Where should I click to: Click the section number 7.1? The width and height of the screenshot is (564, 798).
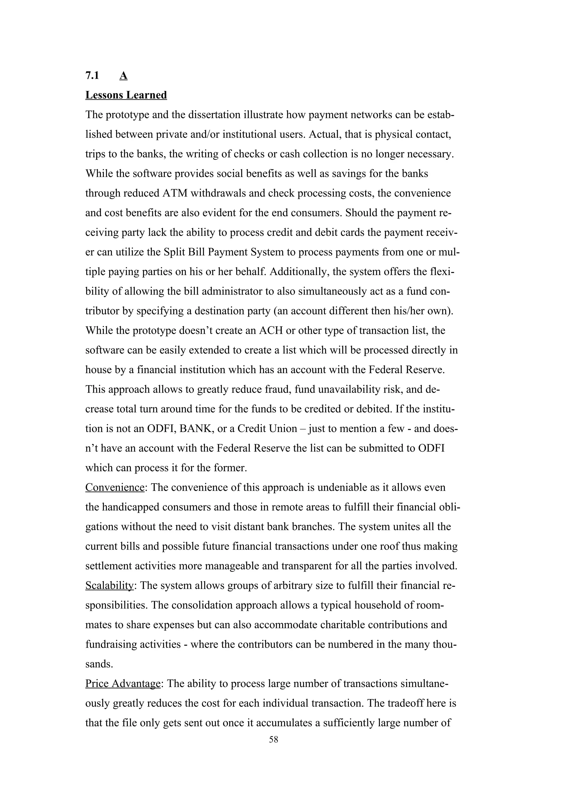coord(92,75)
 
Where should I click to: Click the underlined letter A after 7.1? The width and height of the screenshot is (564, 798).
coord(123,75)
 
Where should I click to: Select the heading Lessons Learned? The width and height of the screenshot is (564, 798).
coord(126,95)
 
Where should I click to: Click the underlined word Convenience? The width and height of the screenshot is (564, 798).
coord(115,487)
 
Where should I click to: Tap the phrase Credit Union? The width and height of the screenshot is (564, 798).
coord(267,428)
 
